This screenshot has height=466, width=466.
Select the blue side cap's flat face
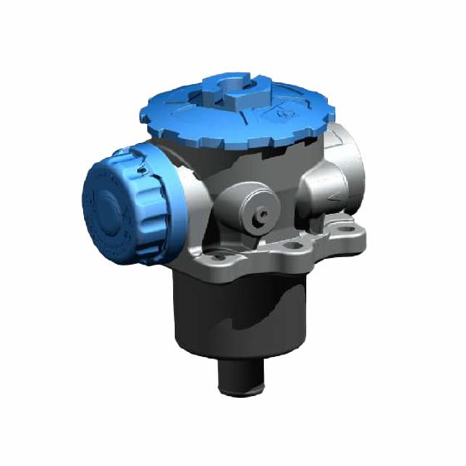[x=104, y=204]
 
